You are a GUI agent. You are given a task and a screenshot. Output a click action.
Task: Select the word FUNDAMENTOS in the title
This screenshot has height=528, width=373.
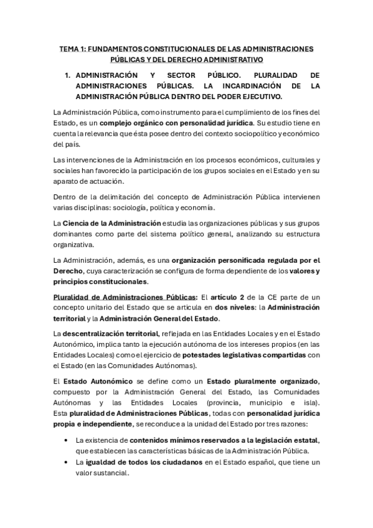[111, 49]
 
